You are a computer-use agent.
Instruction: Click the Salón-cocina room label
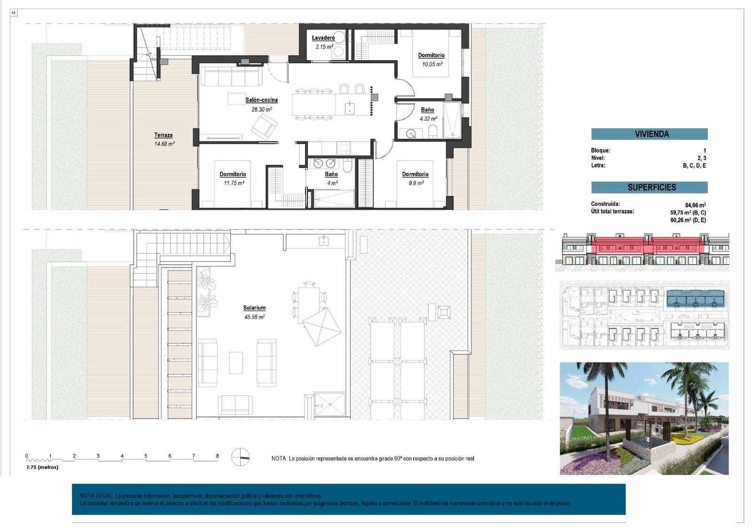tap(261, 100)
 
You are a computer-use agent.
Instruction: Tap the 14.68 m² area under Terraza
tap(164, 144)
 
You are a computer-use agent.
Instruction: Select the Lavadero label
tap(323, 38)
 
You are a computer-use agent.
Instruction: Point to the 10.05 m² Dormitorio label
tap(431, 55)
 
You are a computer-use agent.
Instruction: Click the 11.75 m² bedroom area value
tap(234, 183)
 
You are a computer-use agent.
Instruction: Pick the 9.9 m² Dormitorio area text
tap(415, 183)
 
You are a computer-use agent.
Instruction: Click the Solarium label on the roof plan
tap(254, 308)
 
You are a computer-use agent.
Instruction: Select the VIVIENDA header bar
tap(649, 134)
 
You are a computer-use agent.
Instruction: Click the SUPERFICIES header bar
tap(649, 187)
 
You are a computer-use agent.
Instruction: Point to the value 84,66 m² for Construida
tap(695, 205)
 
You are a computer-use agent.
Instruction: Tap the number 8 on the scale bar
tap(217, 456)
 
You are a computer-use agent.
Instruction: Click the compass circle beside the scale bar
tap(240, 456)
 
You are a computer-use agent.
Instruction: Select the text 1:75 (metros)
tap(42, 467)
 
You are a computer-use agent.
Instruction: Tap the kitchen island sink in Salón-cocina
tap(349, 108)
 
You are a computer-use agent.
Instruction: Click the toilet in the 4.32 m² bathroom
tap(433, 132)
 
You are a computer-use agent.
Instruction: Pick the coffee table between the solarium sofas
tap(236, 362)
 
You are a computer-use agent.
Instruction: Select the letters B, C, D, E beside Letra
tap(694, 165)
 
